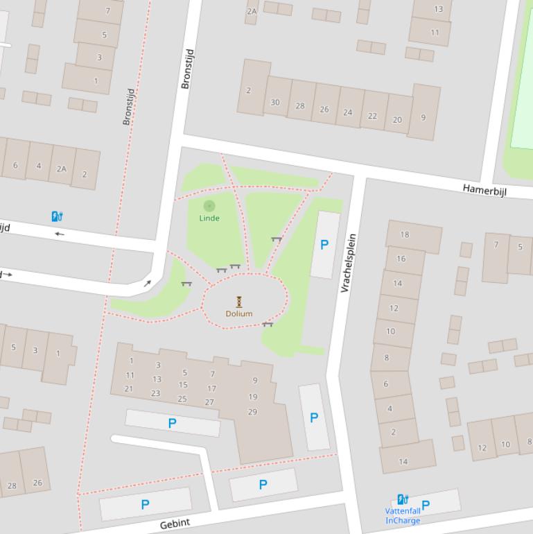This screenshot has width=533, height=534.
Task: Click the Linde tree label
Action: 209,218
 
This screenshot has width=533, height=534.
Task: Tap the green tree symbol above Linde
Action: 209,205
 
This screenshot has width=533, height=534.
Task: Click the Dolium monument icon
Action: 239,301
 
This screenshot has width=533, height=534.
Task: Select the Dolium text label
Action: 239,313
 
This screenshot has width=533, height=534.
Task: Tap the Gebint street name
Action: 175,524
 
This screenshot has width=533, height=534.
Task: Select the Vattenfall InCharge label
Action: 403,515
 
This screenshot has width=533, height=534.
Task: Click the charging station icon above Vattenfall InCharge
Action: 403,499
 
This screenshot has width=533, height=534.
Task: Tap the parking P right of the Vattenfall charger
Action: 426,505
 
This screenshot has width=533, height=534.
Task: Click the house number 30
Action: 275,102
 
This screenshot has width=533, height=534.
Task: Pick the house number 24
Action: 347,112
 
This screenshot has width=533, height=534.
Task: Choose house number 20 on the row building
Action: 397,119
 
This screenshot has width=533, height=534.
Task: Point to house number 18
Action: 405,234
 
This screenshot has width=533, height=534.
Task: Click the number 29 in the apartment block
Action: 252,412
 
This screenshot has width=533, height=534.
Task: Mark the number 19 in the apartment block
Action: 252,397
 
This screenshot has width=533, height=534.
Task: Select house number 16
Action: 401,259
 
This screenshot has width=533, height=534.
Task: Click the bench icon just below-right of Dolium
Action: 268,324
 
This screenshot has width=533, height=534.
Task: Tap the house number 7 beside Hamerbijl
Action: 496,245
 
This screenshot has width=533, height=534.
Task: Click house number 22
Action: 372,116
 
